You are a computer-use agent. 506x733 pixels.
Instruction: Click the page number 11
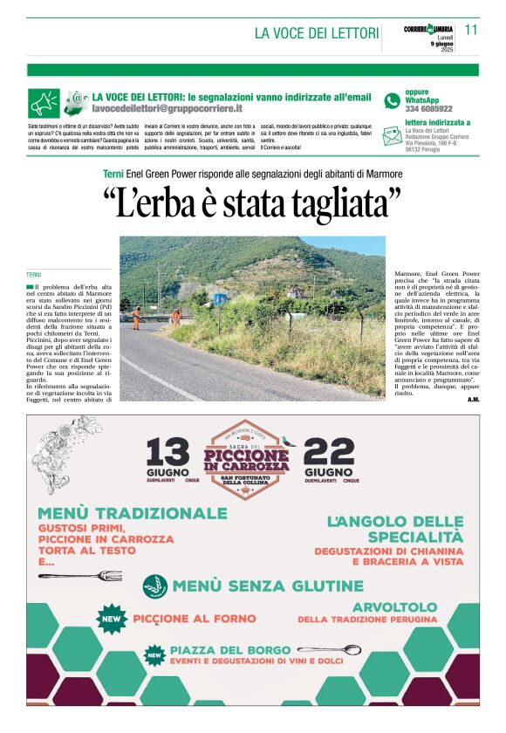click(471, 30)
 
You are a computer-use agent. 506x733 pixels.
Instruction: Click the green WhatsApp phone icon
click(393, 100)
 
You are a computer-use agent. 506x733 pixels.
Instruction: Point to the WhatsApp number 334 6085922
click(428, 109)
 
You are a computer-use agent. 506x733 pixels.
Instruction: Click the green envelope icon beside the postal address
click(393, 133)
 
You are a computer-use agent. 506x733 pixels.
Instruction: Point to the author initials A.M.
click(473, 400)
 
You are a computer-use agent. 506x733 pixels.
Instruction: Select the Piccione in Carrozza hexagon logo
click(247, 458)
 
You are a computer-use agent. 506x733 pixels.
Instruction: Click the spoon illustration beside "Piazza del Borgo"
click(328, 650)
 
